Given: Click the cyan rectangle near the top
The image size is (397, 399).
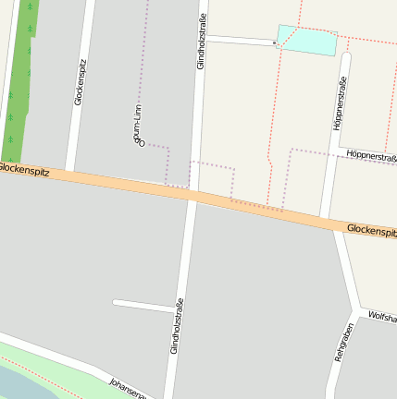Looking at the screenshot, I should pyautogui.click(x=306, y=40).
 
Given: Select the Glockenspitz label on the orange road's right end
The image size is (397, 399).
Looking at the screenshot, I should pyautogui.click(x=371, y=229).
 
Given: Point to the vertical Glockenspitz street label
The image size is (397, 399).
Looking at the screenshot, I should pyautogui.click(x=79, y=82).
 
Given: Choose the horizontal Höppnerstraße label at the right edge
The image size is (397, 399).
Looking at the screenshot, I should pyautogui.click(x=371, y=157).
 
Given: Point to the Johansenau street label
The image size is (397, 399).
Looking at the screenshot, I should pyautogui.click(x=129, y=388).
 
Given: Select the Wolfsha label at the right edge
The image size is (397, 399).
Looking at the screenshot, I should pyautogui.click(x=382, y=318).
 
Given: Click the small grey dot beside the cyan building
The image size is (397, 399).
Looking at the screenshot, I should pyautogui.click(x=275, y=42).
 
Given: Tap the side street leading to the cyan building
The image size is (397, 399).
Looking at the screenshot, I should pyautogui.click(x=240, y=40).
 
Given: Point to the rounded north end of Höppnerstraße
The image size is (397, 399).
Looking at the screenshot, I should pyautogui.click(x=346, y=57).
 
